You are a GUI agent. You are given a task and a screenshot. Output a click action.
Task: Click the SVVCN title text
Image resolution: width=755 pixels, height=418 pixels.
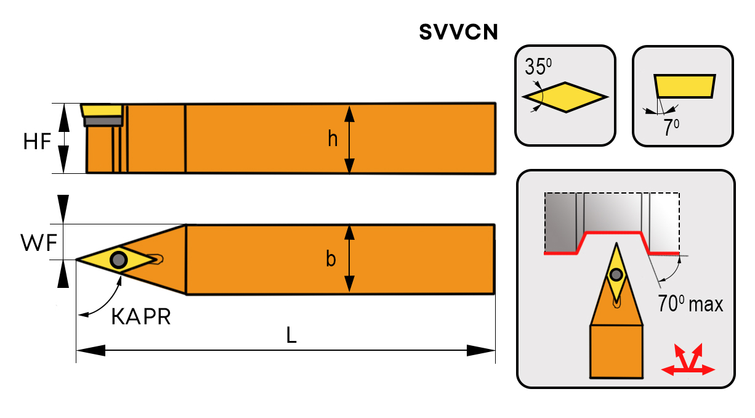coord(458,32)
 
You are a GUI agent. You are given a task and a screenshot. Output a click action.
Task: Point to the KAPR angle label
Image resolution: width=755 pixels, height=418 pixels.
coord(140,317)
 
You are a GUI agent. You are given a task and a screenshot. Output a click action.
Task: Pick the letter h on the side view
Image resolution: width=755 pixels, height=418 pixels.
coord(333,140)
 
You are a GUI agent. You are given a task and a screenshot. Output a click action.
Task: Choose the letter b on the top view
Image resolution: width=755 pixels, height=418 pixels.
coord(331,260)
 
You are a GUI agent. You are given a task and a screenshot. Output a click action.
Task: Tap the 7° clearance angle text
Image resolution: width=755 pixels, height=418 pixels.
coord(670,128)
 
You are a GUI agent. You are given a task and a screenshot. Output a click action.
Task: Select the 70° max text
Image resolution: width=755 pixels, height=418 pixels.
coord(690,304)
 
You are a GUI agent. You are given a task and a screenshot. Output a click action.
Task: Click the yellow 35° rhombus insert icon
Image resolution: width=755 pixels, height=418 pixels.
coord(565,97)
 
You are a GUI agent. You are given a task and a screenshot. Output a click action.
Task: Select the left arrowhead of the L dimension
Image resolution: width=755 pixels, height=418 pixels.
coord(90,350)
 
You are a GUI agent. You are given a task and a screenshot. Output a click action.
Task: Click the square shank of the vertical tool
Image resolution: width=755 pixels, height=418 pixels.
coord(616,351)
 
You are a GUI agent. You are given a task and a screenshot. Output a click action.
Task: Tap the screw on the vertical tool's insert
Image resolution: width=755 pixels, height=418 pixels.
coord(616,274)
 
